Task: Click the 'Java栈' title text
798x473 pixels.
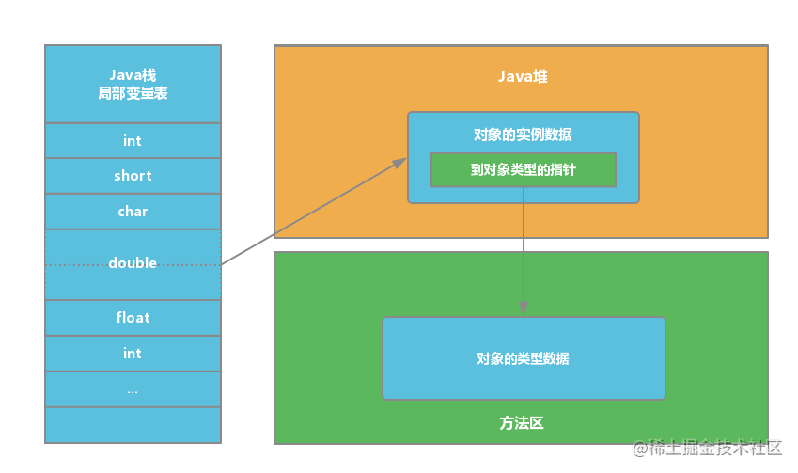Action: point(133,75)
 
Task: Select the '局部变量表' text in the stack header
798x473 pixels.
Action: point(133,93)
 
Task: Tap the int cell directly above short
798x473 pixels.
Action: point(133,140)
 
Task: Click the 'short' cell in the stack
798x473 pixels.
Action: point(133,176)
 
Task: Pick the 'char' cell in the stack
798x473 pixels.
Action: point(133,212)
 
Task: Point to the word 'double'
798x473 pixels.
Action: point(133,262)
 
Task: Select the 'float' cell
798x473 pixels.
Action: point(133,318)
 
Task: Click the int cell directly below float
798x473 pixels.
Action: point(133,354)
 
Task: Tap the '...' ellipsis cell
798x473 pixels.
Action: point(133,389)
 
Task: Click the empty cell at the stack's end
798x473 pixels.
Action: point(133,425)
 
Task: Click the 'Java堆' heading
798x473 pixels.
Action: point(523,76)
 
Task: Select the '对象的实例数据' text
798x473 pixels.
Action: point(523,134)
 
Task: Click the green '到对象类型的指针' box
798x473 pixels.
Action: point(524,170)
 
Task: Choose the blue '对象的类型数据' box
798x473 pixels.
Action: point(524,358)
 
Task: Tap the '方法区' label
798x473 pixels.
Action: point(521,423)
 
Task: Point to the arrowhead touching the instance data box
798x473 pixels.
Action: point(400,163)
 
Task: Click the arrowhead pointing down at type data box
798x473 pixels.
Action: point(524,308)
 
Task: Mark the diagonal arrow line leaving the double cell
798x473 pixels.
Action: point(314,212)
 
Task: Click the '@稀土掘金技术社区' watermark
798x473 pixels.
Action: point(707,448)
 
